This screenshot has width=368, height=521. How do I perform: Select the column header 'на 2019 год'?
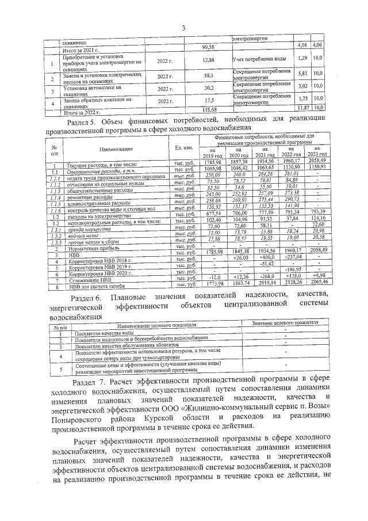coord(213,153)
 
